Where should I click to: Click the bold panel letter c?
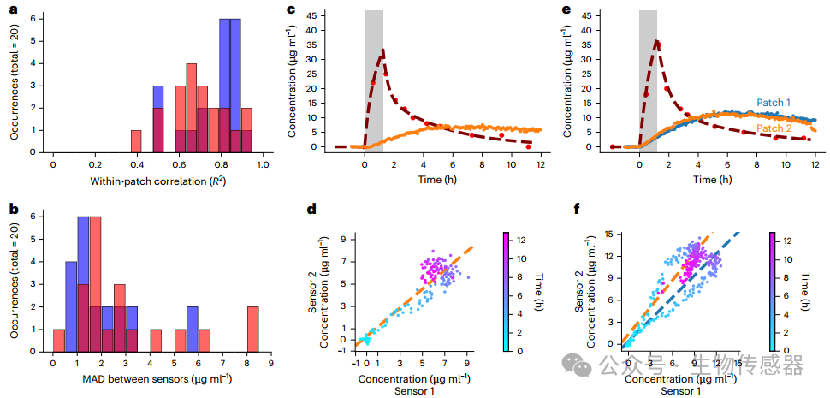(x=292, y=10)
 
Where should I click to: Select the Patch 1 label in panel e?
(x=773, y=103)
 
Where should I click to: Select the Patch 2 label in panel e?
(x=773, y=128)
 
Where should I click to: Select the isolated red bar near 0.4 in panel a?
(x=136, y=141)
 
